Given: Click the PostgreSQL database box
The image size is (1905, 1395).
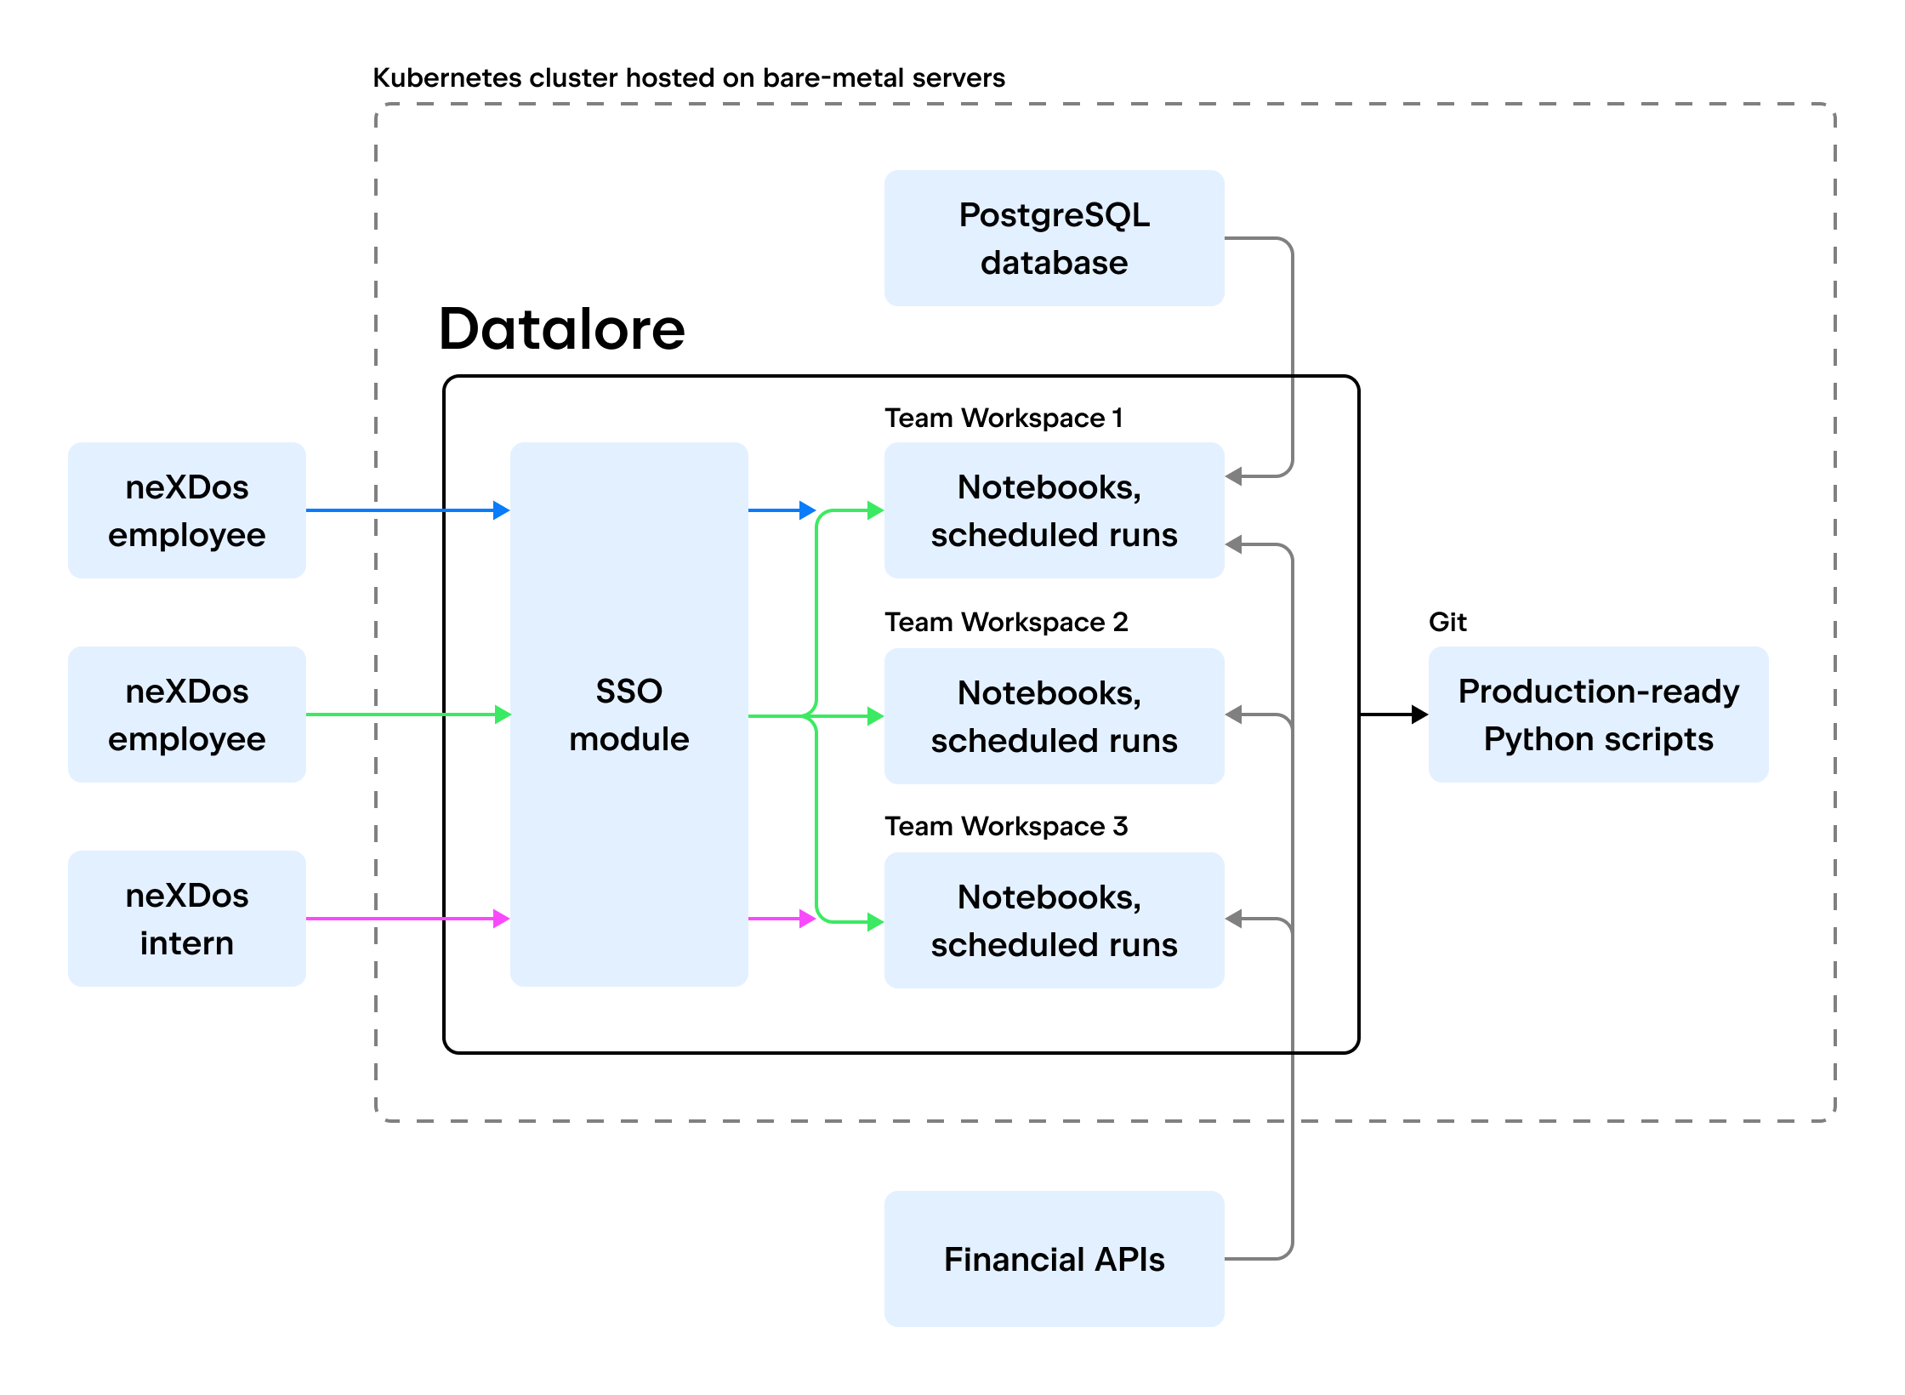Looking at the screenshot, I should (x=1054, y=238).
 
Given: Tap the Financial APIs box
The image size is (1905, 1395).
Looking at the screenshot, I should (x=1054, y=1258).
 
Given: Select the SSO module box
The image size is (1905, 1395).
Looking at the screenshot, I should (x=628, y=715).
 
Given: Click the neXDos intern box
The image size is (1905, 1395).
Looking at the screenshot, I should (x=186, y=919).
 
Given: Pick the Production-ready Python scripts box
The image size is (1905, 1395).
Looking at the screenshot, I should (x=1598, y=715).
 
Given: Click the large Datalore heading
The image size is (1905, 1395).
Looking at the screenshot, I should (x=561, y=329).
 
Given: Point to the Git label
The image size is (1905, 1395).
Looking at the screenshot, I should (x=1447, y=622).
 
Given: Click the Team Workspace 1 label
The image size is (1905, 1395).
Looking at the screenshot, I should (x=1004, y=418).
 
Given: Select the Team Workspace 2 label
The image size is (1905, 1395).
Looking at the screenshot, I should (x=1006, y=622).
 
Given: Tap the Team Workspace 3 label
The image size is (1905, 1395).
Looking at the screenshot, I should (x=1006, y=826).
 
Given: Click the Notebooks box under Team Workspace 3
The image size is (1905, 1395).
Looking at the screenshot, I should (x=1054, y=920).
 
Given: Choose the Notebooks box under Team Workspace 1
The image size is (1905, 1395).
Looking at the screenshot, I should (x=1054, y=510).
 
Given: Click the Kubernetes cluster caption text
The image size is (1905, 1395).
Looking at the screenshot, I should (x=689, y=77).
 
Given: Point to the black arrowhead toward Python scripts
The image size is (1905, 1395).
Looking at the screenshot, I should (x=1419, y=715).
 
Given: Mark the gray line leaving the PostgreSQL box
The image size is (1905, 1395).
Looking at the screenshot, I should (x=1292, y=340).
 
